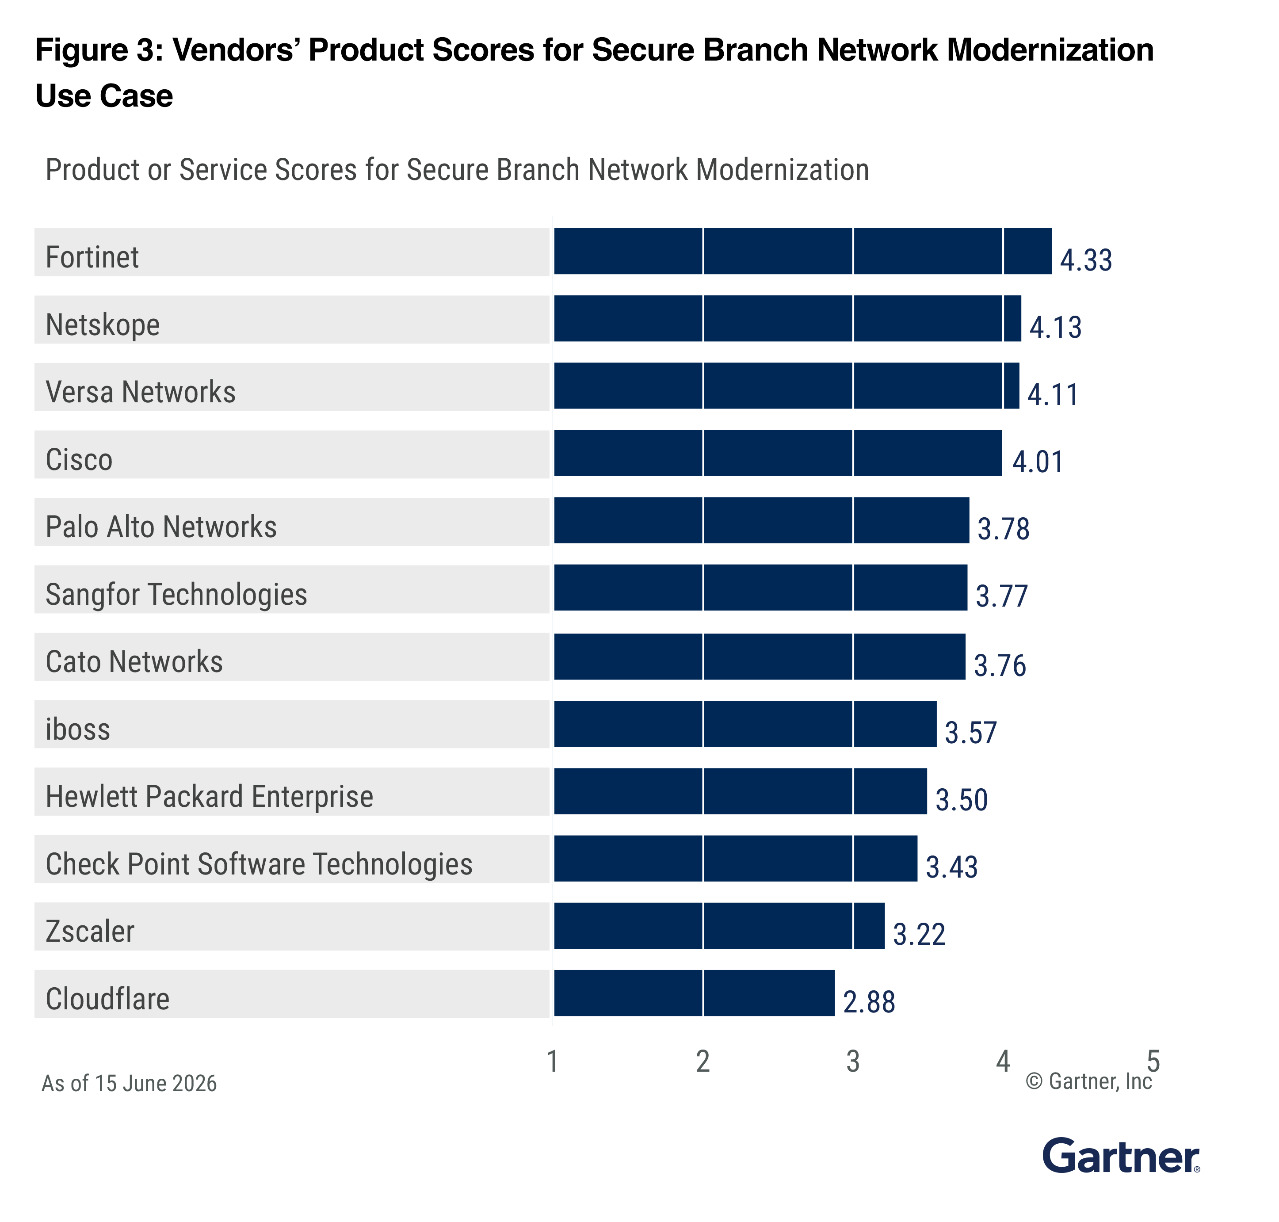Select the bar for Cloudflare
coord(694,992)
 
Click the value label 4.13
coord(1055,327)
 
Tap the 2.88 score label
coord(869,1002)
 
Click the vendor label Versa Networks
coord(141,392)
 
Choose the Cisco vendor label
coord(79,460)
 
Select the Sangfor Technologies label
coord(176,595)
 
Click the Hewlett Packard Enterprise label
coord(210,797)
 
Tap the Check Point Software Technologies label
coord(259,864)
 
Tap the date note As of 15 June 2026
coord(129,1083)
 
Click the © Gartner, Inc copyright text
coord(1089,1082)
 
